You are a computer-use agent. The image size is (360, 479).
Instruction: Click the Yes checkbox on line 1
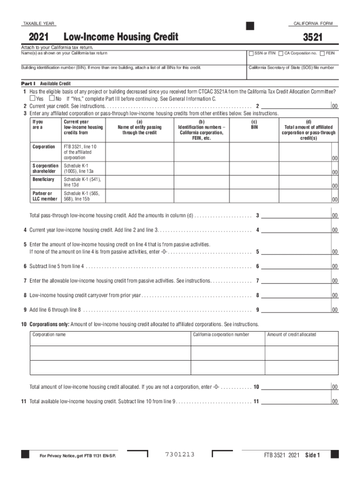coord(32,99)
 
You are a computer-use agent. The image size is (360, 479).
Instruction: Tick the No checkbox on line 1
coord(51,99)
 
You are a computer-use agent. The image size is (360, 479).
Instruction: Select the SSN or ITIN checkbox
coord(251,53)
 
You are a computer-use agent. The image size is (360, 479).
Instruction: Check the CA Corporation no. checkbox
coord(281,53)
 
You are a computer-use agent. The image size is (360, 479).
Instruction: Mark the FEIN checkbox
coord(322,53)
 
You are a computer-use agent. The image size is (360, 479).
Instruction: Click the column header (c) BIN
coord(254,124)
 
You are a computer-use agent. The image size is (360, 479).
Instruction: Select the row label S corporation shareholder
coord(45,168)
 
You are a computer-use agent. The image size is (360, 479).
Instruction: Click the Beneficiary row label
coord(43,180)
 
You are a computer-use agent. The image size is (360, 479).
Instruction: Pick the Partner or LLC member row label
coord(45,196)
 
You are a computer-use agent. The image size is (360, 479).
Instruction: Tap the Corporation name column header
coord(49,334)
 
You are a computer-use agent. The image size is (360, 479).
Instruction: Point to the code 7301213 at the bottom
coord(180,455)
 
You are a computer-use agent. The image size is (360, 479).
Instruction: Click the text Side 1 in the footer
coord(312,456)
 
